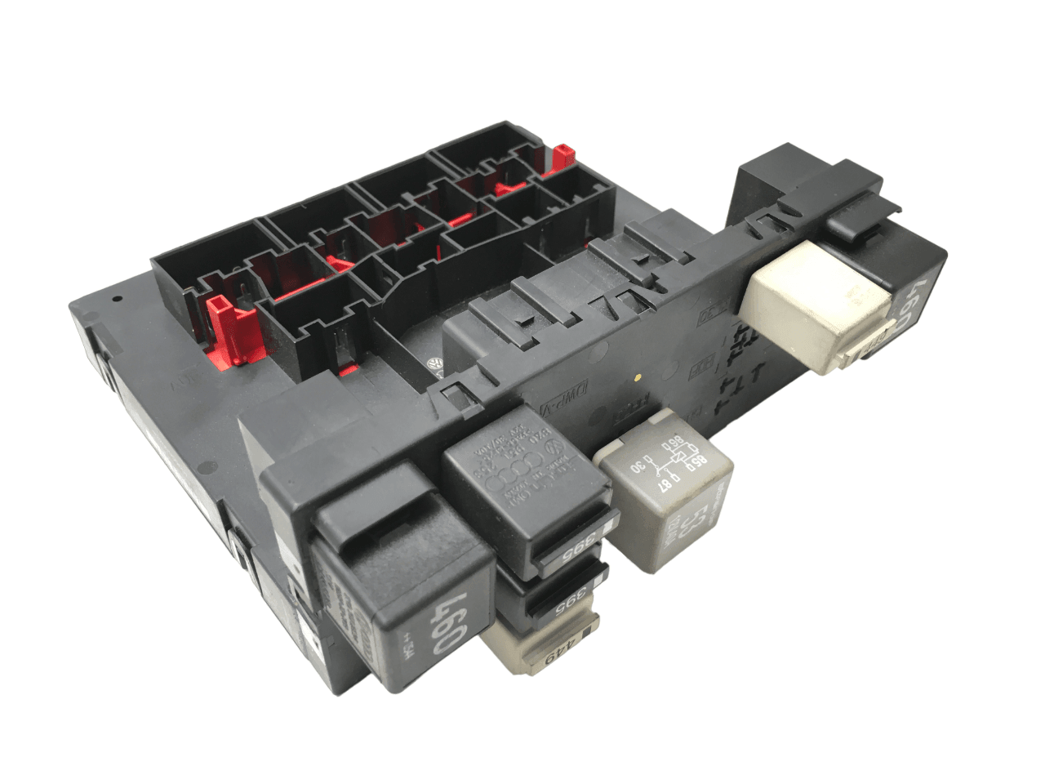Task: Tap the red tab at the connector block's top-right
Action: pyautogui.click(x=561, y=157)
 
